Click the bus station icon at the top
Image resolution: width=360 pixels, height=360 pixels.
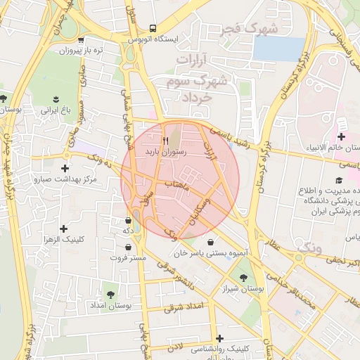(x=153, y=29)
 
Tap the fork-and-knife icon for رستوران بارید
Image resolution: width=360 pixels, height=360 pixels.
(x=165, y=140)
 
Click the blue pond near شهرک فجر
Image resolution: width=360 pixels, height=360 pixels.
(x=279, y=47)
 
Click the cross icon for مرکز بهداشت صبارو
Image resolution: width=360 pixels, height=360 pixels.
(x=65, y=168)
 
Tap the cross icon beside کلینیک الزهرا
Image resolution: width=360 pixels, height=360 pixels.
(x=64, y=229)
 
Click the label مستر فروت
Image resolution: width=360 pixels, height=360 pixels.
(x=128, y=257)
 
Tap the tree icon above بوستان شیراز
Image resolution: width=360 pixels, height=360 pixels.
(x=244, y=277)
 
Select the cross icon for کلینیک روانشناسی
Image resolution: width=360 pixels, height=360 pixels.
(x=219, y=338)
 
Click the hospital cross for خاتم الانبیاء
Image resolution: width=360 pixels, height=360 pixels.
(x=342, y=136)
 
